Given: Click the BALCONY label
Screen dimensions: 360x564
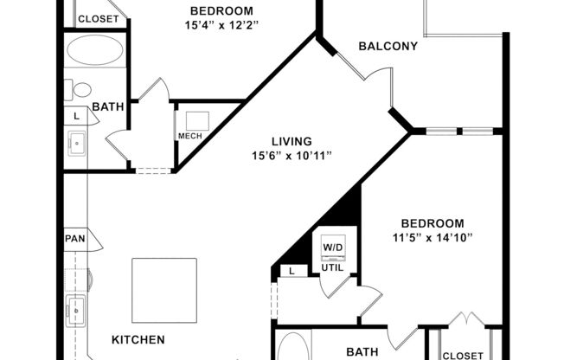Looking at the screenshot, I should pos(388,47).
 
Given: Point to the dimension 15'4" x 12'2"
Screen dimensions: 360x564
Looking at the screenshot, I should pos(221,25).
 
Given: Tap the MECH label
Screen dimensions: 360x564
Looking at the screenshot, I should pos(189,136).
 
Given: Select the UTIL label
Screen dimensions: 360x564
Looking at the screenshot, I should pos(333,267).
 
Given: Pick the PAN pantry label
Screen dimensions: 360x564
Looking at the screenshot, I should pos(74,239).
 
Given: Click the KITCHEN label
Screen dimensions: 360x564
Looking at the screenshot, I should pos(138,340).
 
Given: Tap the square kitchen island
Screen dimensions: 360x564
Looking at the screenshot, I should pos(164,289).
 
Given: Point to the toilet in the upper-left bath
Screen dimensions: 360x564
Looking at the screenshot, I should pos(81,89).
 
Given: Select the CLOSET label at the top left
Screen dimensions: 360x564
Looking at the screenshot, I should pos(98,19).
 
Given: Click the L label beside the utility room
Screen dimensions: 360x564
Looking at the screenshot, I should pos(292,272).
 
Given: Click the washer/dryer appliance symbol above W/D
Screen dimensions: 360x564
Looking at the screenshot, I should pos(333,240).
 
